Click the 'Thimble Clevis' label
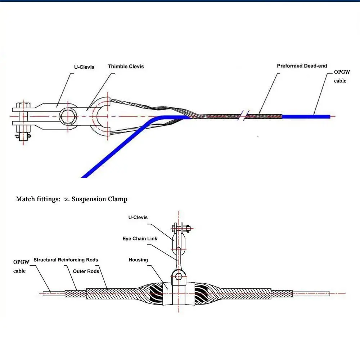[126, 67]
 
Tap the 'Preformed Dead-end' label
[302, 66]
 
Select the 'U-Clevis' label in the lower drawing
[138, 217]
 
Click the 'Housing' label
[138, 260]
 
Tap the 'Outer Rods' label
[86, 271]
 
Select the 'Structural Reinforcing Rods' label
[66, 260]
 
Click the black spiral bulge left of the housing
[153, 292]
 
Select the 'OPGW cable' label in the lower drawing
[21, 266]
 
